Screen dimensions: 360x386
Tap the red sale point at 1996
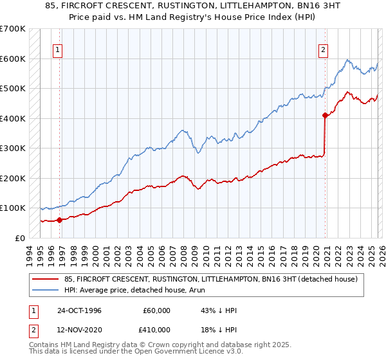60,220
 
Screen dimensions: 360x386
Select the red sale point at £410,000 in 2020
326,116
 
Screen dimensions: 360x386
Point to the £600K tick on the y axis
14,59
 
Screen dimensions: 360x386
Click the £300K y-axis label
14,148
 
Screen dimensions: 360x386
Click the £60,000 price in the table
155,310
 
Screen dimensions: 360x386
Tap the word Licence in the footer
181,353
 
